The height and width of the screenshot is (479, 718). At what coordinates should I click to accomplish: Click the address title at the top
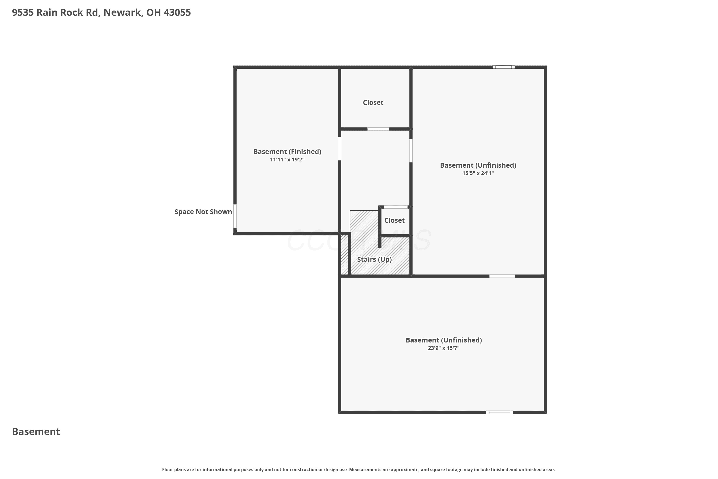[x=101, y=12]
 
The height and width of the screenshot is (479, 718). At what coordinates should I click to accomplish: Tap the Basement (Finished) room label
[x=287, y=152]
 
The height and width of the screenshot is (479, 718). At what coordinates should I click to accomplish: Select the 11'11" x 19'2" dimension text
[x=287, y=160]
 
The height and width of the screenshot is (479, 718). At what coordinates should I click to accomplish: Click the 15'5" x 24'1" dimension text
[x=478, y=173]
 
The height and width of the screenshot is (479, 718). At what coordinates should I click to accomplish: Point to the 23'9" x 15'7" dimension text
[x=443, y=348]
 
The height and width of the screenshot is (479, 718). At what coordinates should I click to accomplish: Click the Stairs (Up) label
[x=374, y=259]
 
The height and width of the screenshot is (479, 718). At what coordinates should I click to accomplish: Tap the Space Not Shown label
[x=203, y=212]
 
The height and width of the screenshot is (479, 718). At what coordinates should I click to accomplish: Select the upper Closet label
[x=373, y=103]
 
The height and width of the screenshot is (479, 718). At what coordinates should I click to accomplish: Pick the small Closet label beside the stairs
[x=394, y=220]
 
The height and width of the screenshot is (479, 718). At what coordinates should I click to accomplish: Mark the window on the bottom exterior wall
[x=499, y=412]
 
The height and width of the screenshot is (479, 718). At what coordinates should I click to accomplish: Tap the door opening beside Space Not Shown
[x=235, y=216]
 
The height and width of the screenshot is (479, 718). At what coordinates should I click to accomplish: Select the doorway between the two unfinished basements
[x=502, y=276]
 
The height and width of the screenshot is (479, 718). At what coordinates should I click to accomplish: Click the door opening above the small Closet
[x=396, y=207]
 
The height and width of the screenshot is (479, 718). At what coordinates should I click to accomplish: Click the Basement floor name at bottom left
[x=36, y=432]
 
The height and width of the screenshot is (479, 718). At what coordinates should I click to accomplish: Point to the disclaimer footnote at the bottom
[x=359, y=469]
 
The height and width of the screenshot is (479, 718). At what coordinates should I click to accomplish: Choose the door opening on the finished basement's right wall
[x=339, y=149]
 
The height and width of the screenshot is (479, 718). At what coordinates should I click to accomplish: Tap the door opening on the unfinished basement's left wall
[x=411, y=151]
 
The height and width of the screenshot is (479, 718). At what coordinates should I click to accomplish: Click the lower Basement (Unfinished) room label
[x=443, y=340]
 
